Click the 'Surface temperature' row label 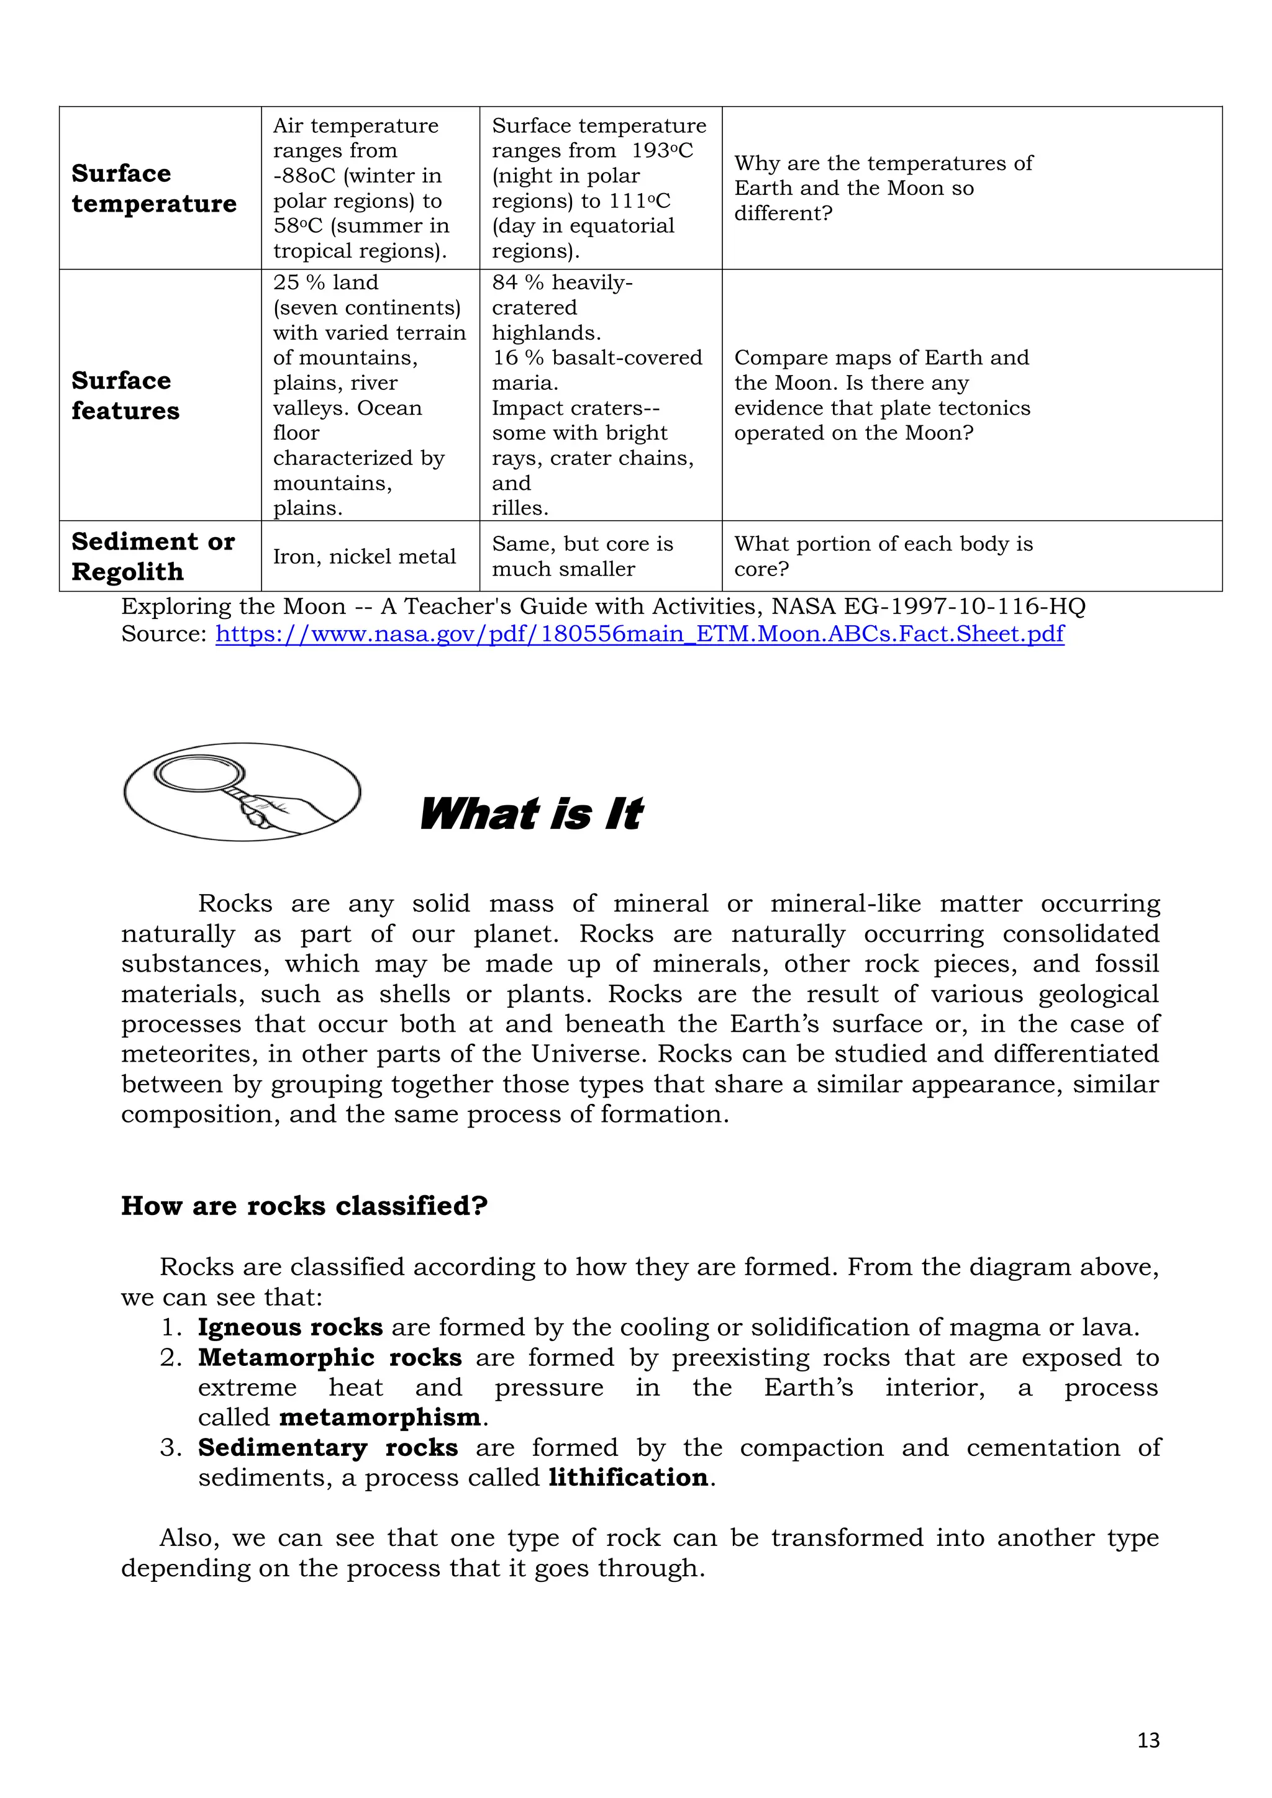point(153,188)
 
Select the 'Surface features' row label point(125,395)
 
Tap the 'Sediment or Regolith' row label point(153,556)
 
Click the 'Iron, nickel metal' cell point(364,557)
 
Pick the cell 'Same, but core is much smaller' point(582,556)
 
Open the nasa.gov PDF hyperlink point(639,633)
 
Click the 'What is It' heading point(531,814)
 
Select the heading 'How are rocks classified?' point(304,1206)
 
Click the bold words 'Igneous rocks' point(290,1327)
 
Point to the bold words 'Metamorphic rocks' point(329,1357)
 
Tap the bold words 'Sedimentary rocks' point(327,1447)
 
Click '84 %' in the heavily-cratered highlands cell point(519,282)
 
